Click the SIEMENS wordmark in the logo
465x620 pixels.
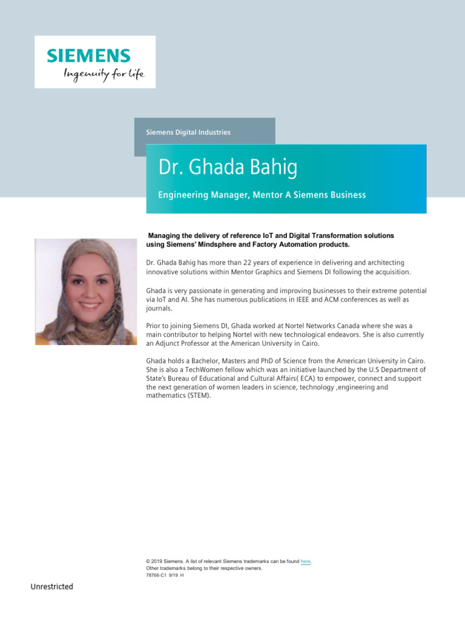89,56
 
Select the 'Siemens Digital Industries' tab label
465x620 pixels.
188,132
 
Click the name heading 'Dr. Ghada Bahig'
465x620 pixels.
228,168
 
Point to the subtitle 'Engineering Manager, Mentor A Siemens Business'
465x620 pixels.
262,195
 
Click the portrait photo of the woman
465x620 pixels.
85,292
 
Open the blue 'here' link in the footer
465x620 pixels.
305,562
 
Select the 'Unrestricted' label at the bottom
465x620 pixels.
52,587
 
